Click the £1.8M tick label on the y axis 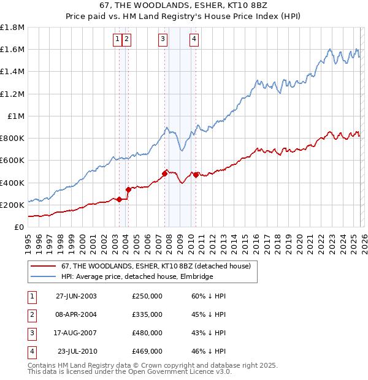coord(12,28)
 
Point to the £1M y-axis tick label coord(15,116)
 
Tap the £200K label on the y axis coord(12,205)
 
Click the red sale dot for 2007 coord(165,174)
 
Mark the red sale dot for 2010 coord(196,175)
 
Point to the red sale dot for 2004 coord(128,190)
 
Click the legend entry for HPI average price coord(136,276)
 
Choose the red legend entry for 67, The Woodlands coord(156,266)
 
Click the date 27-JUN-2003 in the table coord(76,296)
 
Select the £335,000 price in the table coord(147,314)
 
